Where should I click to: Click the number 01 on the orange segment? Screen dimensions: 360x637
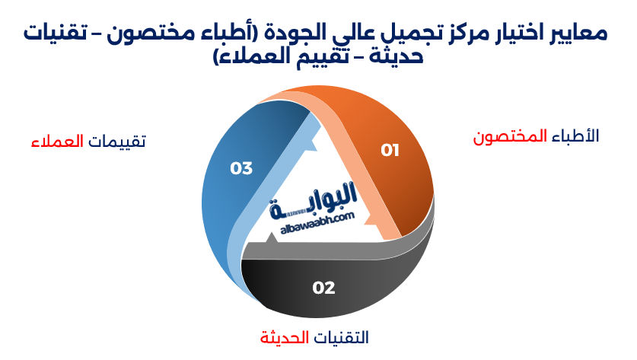[x=390, y=150]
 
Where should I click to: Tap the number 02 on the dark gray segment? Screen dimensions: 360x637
[x=323, y=288]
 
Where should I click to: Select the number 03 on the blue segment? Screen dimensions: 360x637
[x=241, y=168]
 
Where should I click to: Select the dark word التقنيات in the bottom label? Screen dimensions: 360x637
[x=342, y=337]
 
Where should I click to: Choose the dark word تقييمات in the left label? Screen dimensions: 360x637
[x=116, y=142]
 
